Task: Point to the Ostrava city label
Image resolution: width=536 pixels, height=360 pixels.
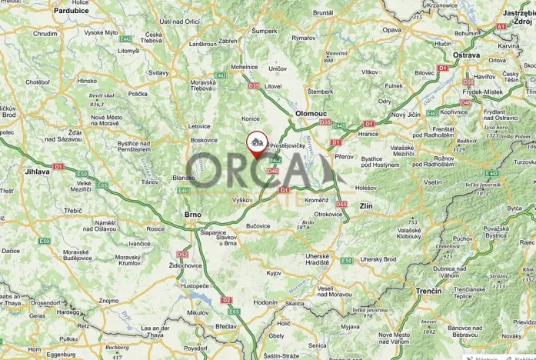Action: (466, 55)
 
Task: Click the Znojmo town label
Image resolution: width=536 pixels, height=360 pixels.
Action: (109, 300)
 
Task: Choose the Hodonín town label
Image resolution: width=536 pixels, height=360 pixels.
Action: (265, 303)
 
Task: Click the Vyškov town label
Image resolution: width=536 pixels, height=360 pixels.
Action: (242, 199)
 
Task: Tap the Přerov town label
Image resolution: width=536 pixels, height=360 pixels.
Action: (344, 156)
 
